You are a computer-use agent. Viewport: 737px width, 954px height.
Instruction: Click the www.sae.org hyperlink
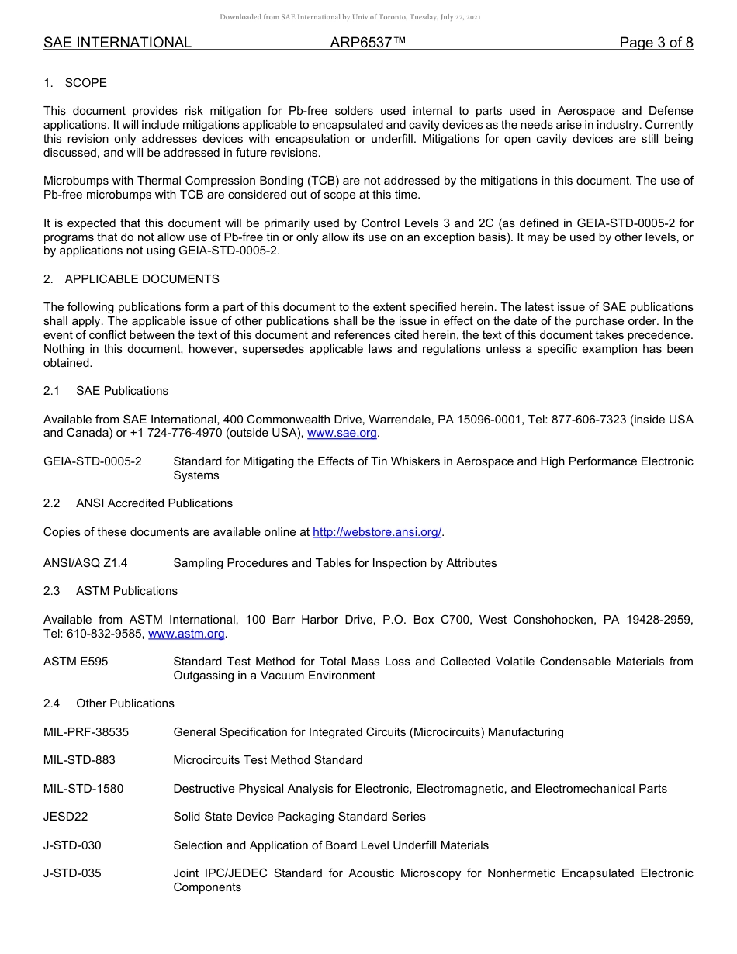pos(342,433)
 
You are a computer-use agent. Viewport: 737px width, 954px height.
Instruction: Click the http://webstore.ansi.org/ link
pos(377,531)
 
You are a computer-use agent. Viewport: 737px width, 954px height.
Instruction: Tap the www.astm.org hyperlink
pos(186,634)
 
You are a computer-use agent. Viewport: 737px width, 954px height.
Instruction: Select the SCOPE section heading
pos(85,83)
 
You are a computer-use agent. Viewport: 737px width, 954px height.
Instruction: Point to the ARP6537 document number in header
pos(368,43)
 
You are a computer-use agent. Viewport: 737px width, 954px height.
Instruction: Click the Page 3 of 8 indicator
pos(656,43)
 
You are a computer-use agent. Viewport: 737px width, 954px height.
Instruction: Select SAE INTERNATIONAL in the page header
pos(117,43)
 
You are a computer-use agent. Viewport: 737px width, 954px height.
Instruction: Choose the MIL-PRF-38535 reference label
pos(86,732)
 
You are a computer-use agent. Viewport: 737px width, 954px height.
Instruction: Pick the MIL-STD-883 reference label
pos(79,760)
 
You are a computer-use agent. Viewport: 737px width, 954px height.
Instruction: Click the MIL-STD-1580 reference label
pos(83,789)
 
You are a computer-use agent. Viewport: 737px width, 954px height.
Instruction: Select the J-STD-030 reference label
pos(72,845)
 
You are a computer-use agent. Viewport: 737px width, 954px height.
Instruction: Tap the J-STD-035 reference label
pos(72,873)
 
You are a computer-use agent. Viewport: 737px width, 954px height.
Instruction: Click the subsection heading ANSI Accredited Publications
pos(154,503)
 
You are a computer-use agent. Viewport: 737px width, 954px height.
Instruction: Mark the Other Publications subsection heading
pos(125,703)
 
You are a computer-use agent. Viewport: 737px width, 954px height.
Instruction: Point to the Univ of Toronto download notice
pos(350,16)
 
